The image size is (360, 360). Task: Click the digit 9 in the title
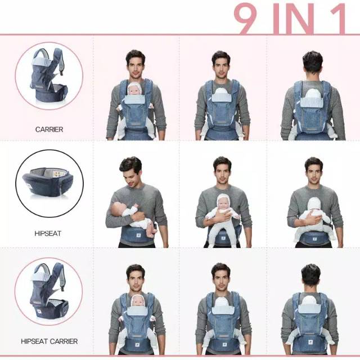[x=249, y=18]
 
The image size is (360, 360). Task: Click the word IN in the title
[x=295, y=18]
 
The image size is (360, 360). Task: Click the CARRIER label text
[x=49, y=129]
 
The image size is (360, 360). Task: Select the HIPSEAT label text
[x=48, y=233]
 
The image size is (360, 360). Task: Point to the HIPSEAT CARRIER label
[x=49, y=341]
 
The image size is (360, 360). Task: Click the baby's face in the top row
[x=134, y=89]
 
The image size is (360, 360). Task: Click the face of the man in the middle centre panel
[x=222, y=170]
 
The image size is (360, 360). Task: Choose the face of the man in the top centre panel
[x=221, y=64]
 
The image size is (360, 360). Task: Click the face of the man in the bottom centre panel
[x=221, y=276]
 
